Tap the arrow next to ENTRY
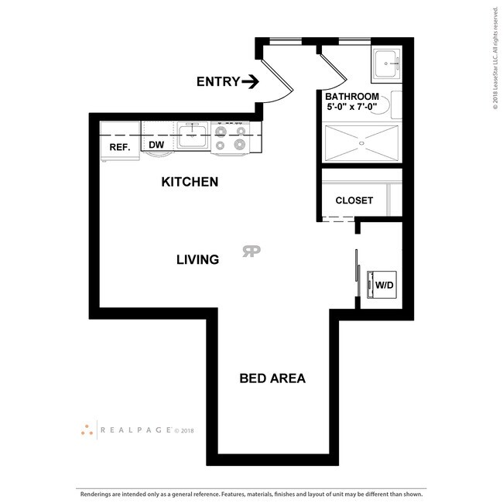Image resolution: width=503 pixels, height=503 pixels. [250, 81]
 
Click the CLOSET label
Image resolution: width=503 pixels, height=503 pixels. [354, 200]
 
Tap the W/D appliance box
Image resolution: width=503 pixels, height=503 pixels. [384, 284]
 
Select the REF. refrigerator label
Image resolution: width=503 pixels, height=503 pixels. [118, 147]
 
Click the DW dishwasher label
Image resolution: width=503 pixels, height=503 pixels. [156, 145]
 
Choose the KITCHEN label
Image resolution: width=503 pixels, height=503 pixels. [190, 183]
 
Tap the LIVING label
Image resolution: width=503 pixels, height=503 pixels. [197, 260]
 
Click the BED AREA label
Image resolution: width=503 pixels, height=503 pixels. [272, 378]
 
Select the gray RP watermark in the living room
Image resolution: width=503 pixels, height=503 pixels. [251, 251]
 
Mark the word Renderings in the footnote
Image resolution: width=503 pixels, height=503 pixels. [98, 492]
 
